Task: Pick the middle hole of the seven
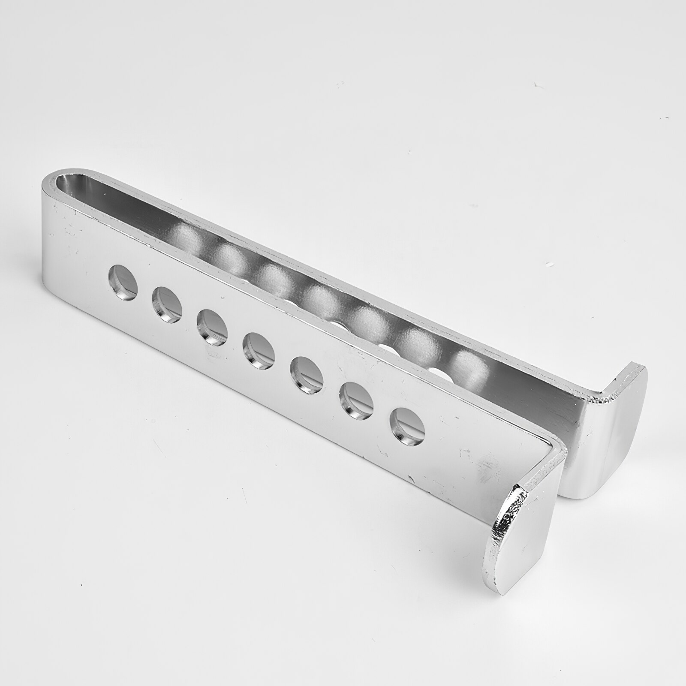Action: click(259, 351)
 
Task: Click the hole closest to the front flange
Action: click(408, 424)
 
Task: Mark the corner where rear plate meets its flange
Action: click(602, 392)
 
